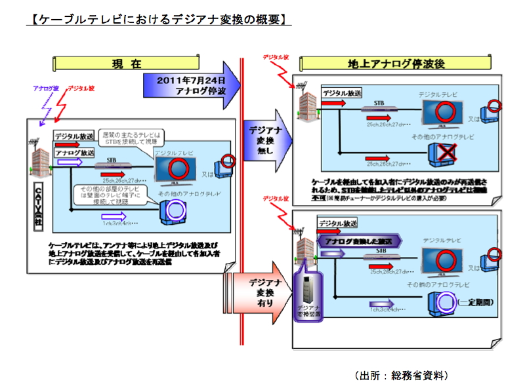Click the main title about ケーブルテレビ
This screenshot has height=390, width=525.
click(157, 20)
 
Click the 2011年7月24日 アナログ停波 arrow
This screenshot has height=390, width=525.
click(191, 85)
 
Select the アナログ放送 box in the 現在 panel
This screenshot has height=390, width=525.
click(74, 153)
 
